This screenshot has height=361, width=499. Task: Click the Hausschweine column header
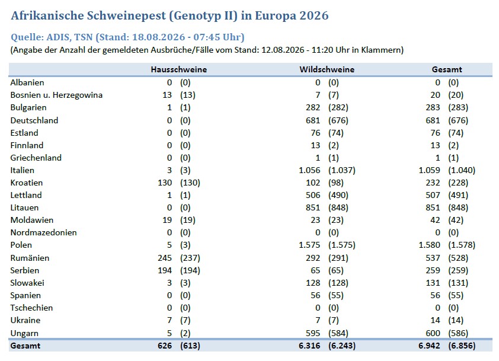point(178,69)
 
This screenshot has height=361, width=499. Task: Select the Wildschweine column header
point(327,69)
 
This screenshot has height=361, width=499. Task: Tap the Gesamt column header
point(447,69)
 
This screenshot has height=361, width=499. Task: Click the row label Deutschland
point(34,120)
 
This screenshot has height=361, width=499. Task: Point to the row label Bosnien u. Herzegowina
point(56,95)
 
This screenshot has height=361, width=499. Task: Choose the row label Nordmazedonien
point(44,232)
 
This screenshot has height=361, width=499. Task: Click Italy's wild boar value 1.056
point(309,170)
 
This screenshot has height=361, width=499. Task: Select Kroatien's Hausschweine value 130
point(165,183)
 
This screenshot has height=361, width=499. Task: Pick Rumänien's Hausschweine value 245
point(165,258)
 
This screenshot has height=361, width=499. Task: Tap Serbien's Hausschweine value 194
point(165,270)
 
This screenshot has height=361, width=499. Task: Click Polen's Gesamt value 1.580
point(429,245)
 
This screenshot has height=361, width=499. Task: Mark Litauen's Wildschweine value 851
point(313,207)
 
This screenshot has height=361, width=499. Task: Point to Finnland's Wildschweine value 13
point(315,145)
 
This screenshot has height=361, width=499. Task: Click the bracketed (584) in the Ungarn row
point(338,333)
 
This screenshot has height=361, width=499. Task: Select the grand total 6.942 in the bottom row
point(429,346)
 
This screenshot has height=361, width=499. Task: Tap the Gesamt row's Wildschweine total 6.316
point(309,346)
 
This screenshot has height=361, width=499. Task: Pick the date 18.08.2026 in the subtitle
point(158,37)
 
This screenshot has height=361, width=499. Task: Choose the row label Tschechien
point(31,308)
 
